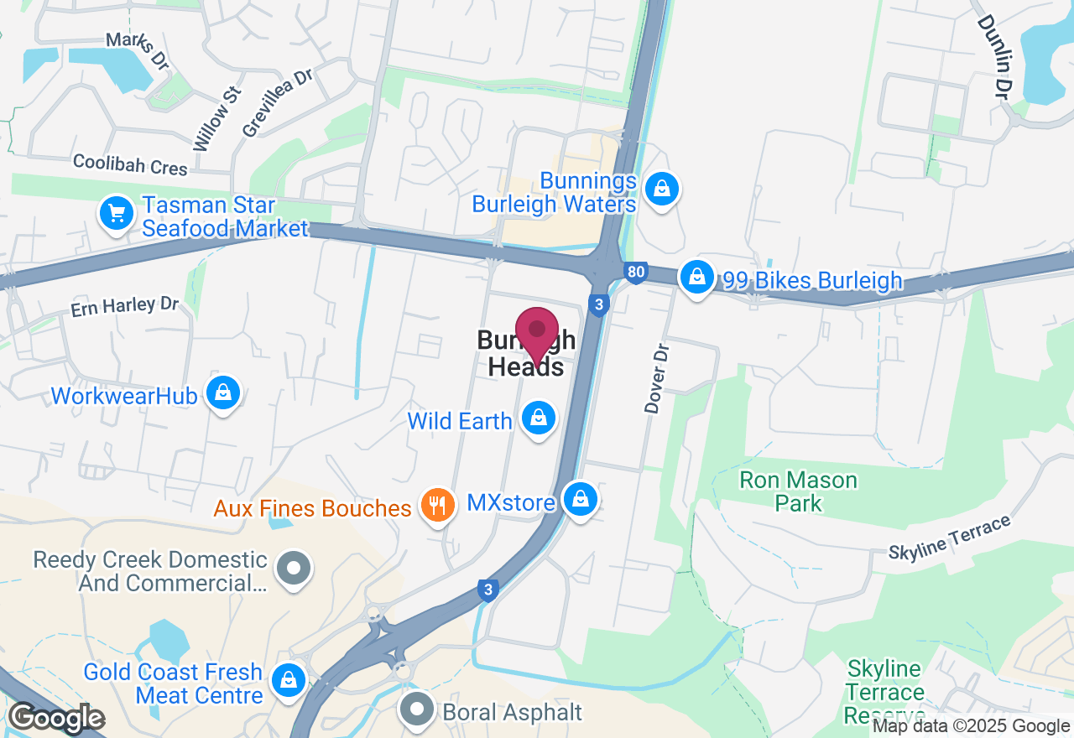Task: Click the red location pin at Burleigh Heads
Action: (x=536, y=332)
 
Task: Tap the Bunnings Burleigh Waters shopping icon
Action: (x=663, y=189)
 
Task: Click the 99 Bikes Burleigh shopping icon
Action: (x=696, y=275)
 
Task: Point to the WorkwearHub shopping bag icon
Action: (x=223, y=392)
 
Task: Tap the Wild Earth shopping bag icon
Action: (x=538, y=417)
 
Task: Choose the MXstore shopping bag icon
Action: (x=579, y=499)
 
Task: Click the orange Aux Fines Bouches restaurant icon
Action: (x=436, y=505)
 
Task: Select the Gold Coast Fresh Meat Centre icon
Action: (x=289, y=679)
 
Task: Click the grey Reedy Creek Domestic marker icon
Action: (x=294, y=568)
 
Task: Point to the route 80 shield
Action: (x=636, y=272)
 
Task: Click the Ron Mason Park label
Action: (x=798, y=491)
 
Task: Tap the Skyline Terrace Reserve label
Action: (x=884, y=693)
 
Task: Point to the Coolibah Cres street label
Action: (x=130, y=164)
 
